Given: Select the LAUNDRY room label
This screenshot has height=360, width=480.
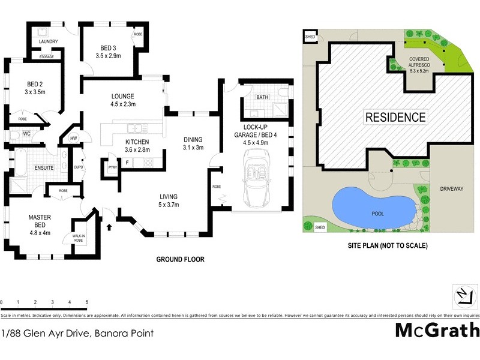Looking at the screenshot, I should [x=48, y=41].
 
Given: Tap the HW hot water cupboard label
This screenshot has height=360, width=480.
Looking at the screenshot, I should [x=74, y=139].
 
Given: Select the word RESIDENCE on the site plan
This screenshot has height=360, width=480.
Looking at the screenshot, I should [x=395, y=118].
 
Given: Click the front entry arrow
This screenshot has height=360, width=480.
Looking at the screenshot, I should [x=109, y=227].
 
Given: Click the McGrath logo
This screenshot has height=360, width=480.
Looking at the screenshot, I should [x=437, y=331].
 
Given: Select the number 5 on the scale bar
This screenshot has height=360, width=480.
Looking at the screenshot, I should [x=87, y=302].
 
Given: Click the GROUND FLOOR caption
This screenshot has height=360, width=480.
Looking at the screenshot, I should [x=180, y=260].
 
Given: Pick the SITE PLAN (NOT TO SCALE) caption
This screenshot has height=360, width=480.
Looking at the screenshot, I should [x=387, y=246].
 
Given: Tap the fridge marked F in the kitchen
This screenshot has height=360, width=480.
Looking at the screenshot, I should [x=127, y=163].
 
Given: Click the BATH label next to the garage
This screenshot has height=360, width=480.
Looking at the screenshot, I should [x=262, y=97].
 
